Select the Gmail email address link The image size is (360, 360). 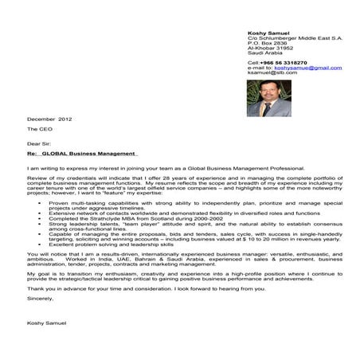(307, 68)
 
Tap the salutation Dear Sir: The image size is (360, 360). (39, 144)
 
